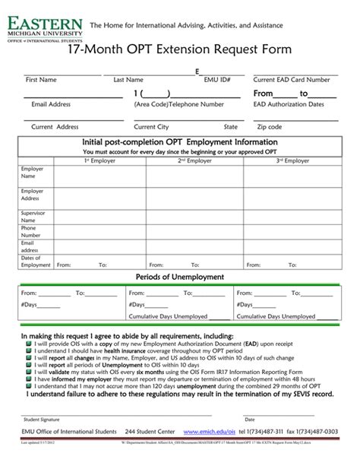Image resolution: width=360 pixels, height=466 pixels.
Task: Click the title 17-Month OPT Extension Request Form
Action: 179,49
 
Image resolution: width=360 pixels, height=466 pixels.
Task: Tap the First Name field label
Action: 41,80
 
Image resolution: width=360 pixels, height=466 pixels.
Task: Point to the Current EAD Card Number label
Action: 292,80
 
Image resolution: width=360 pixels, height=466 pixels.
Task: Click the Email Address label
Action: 51,104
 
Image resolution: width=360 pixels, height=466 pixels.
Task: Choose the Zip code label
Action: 270,127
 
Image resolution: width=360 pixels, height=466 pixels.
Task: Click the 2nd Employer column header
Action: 194,161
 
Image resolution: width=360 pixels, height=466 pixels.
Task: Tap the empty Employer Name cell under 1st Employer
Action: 99,176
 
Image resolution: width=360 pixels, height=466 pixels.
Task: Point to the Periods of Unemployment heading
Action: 179,277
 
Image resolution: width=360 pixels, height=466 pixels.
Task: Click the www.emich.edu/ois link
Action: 211,431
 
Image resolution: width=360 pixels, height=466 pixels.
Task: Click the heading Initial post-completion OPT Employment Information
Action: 179,142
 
